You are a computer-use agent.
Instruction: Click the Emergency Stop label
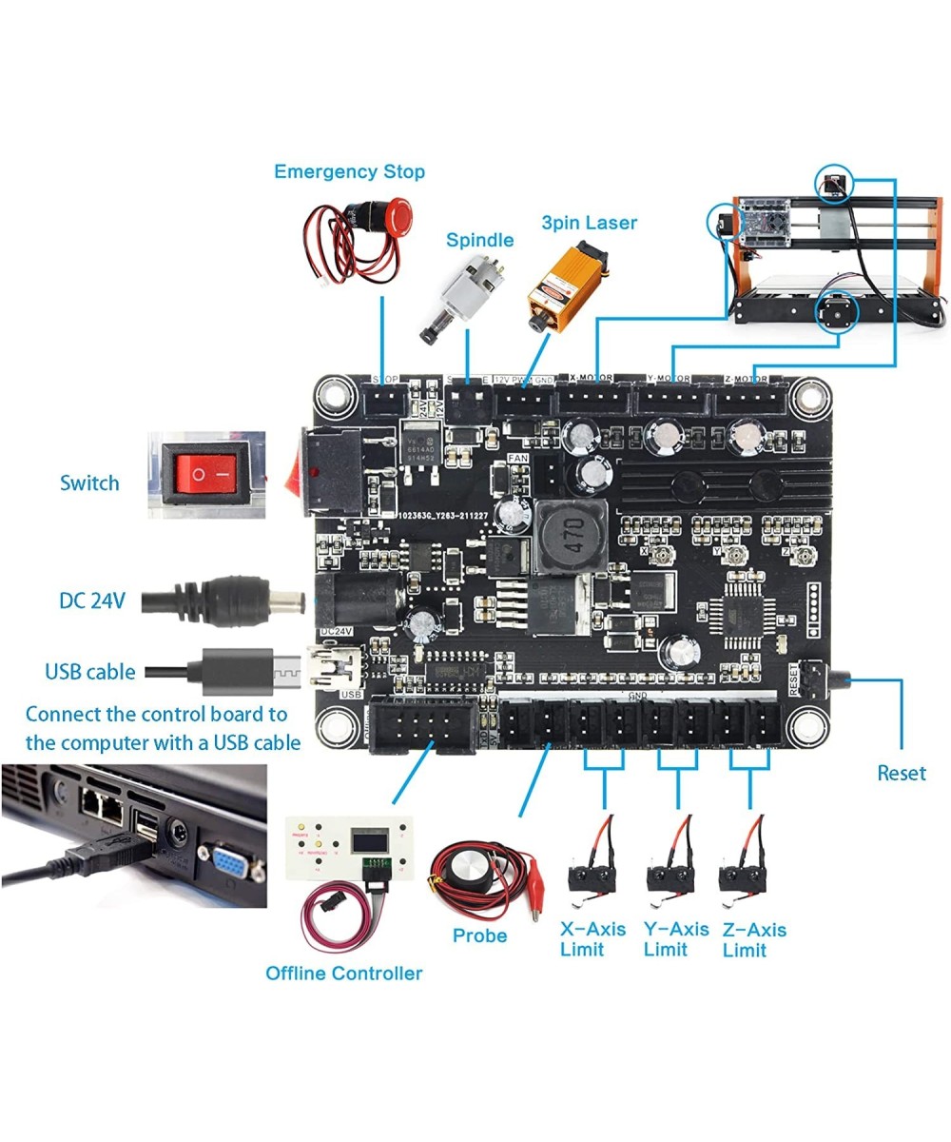(349, 172)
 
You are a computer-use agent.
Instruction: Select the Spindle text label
(479, 241)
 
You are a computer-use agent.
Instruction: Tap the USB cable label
(90, 672)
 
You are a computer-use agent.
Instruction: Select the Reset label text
(901, 773)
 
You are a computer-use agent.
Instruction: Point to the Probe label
(480, 935)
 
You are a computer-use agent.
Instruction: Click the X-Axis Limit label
(592, 939)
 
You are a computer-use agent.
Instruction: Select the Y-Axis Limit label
(675, 939)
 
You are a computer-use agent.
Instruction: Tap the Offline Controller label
(343, 974)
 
